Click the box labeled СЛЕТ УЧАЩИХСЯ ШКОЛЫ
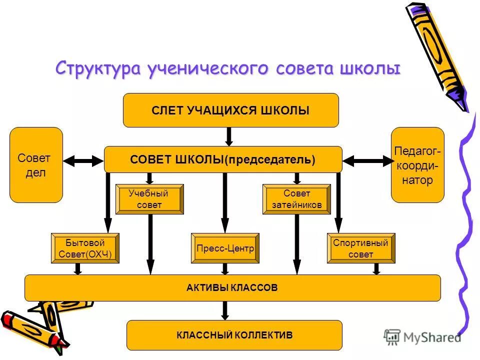tap(230, 110)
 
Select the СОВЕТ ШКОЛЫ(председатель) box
tap(223, 159)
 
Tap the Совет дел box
tap(36, 165)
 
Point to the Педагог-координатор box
tap(417, 165)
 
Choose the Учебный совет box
tap(149, 199)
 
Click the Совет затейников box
tap(296, 199)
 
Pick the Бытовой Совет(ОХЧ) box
tap(85, 248)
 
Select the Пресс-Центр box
tap(225, 248)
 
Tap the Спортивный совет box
tap(361, 248)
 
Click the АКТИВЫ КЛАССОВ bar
tap(232, 288)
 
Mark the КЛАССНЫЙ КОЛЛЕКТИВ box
tap(234, 335)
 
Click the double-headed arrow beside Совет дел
tap(83, 160)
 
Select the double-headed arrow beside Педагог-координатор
tap(367, 160)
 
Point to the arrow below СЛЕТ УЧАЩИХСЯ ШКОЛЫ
tap(229, 136)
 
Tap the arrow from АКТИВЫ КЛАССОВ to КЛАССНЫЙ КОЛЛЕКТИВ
tap(225, 310)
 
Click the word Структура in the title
tap(98, 68)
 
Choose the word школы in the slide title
tap(372, 68)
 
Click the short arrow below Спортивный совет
tap(376, 268)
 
